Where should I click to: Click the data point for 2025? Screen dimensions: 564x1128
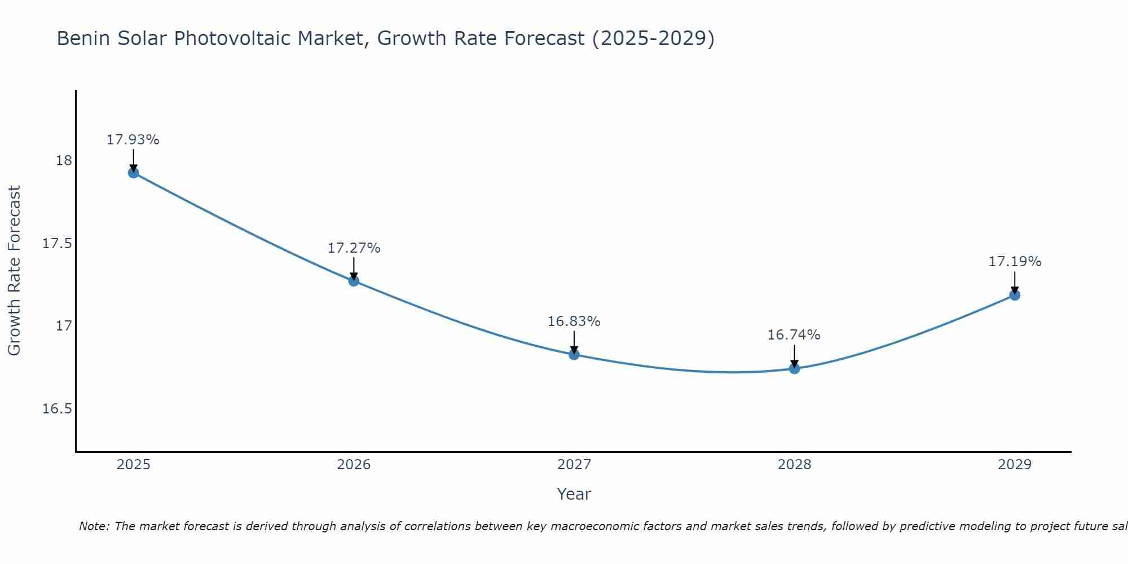point(134,173)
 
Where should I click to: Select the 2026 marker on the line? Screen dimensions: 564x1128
point(354,281)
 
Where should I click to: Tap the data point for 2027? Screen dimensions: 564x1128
point(574,354)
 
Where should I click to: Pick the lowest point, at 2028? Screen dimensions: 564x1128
point(794,369)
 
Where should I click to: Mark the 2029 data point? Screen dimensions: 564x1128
point(1015,295)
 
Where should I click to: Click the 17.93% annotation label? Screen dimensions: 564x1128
point(133,140)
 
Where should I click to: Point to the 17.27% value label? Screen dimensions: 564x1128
point(354,248)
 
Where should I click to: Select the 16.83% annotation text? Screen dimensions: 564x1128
point(574,321)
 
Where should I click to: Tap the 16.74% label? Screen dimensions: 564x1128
point(794,335)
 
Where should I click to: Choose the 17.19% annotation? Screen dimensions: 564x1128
point(1015,262)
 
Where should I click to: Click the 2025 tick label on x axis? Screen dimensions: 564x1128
point(134,465)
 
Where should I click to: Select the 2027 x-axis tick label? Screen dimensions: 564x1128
point(574,465)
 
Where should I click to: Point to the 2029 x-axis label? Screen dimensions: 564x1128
point(1015,465)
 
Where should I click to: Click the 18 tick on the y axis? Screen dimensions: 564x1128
point(64,161)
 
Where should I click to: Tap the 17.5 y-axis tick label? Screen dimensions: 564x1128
point(58,244)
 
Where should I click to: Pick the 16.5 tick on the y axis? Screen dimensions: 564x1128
point(58,409)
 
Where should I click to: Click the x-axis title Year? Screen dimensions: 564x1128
point(574,494)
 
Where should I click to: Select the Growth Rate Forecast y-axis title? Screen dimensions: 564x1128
point(14,271)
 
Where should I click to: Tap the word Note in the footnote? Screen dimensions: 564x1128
point(94,526)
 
